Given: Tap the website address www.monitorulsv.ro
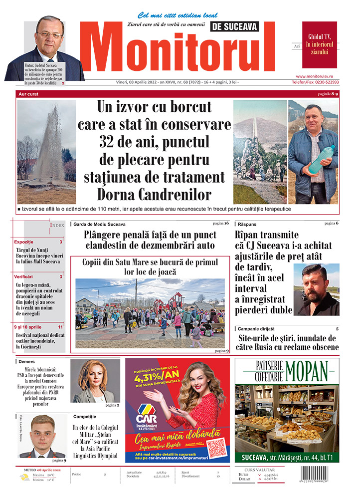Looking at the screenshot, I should (320, 75).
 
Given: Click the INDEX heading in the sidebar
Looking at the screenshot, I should (57, 226).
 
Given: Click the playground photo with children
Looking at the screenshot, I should (150, 313).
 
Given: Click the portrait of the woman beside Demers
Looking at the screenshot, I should (95, 381).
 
